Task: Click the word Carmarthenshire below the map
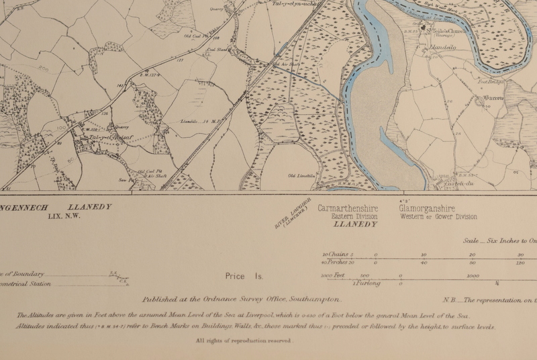(348, 209)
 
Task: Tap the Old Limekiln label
(301, 176)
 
